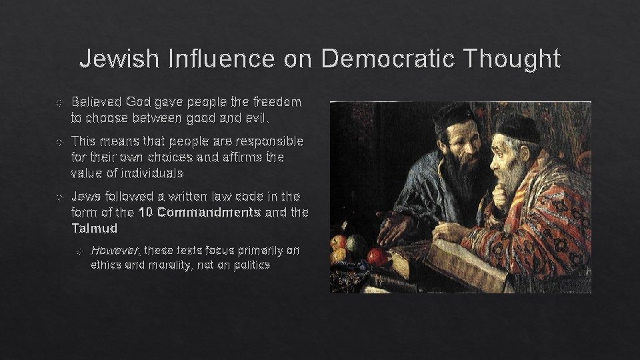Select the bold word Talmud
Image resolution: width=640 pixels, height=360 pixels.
pos(94,228)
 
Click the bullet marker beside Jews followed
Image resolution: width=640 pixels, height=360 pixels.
pos(59,198)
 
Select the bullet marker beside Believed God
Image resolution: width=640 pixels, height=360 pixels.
pos(59,103)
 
